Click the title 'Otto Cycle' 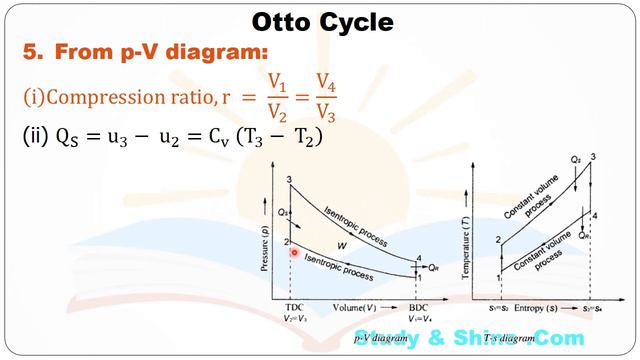point(320,20)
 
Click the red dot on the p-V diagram point(295,254)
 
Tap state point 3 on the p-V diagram point(289,180)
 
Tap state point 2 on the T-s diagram point(497,240)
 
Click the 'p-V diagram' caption point(381,339)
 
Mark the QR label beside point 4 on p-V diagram point(432,268)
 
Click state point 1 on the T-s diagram point(497,277)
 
